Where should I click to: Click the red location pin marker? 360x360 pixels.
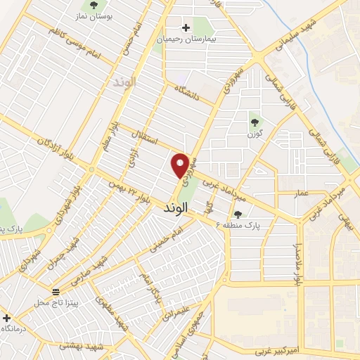point(181,165)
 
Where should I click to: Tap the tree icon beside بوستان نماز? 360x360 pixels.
point(94,6)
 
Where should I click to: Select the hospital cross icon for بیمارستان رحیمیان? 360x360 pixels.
point(186,28)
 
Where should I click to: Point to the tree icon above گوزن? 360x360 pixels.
point(254,121)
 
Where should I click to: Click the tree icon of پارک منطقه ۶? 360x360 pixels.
point(238,214)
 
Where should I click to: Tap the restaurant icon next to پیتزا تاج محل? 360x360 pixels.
point(56,291)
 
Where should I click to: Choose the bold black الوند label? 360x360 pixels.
point(176,209)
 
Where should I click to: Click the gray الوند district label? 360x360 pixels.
point(124,82)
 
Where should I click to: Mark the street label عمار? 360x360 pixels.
point(302,191)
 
